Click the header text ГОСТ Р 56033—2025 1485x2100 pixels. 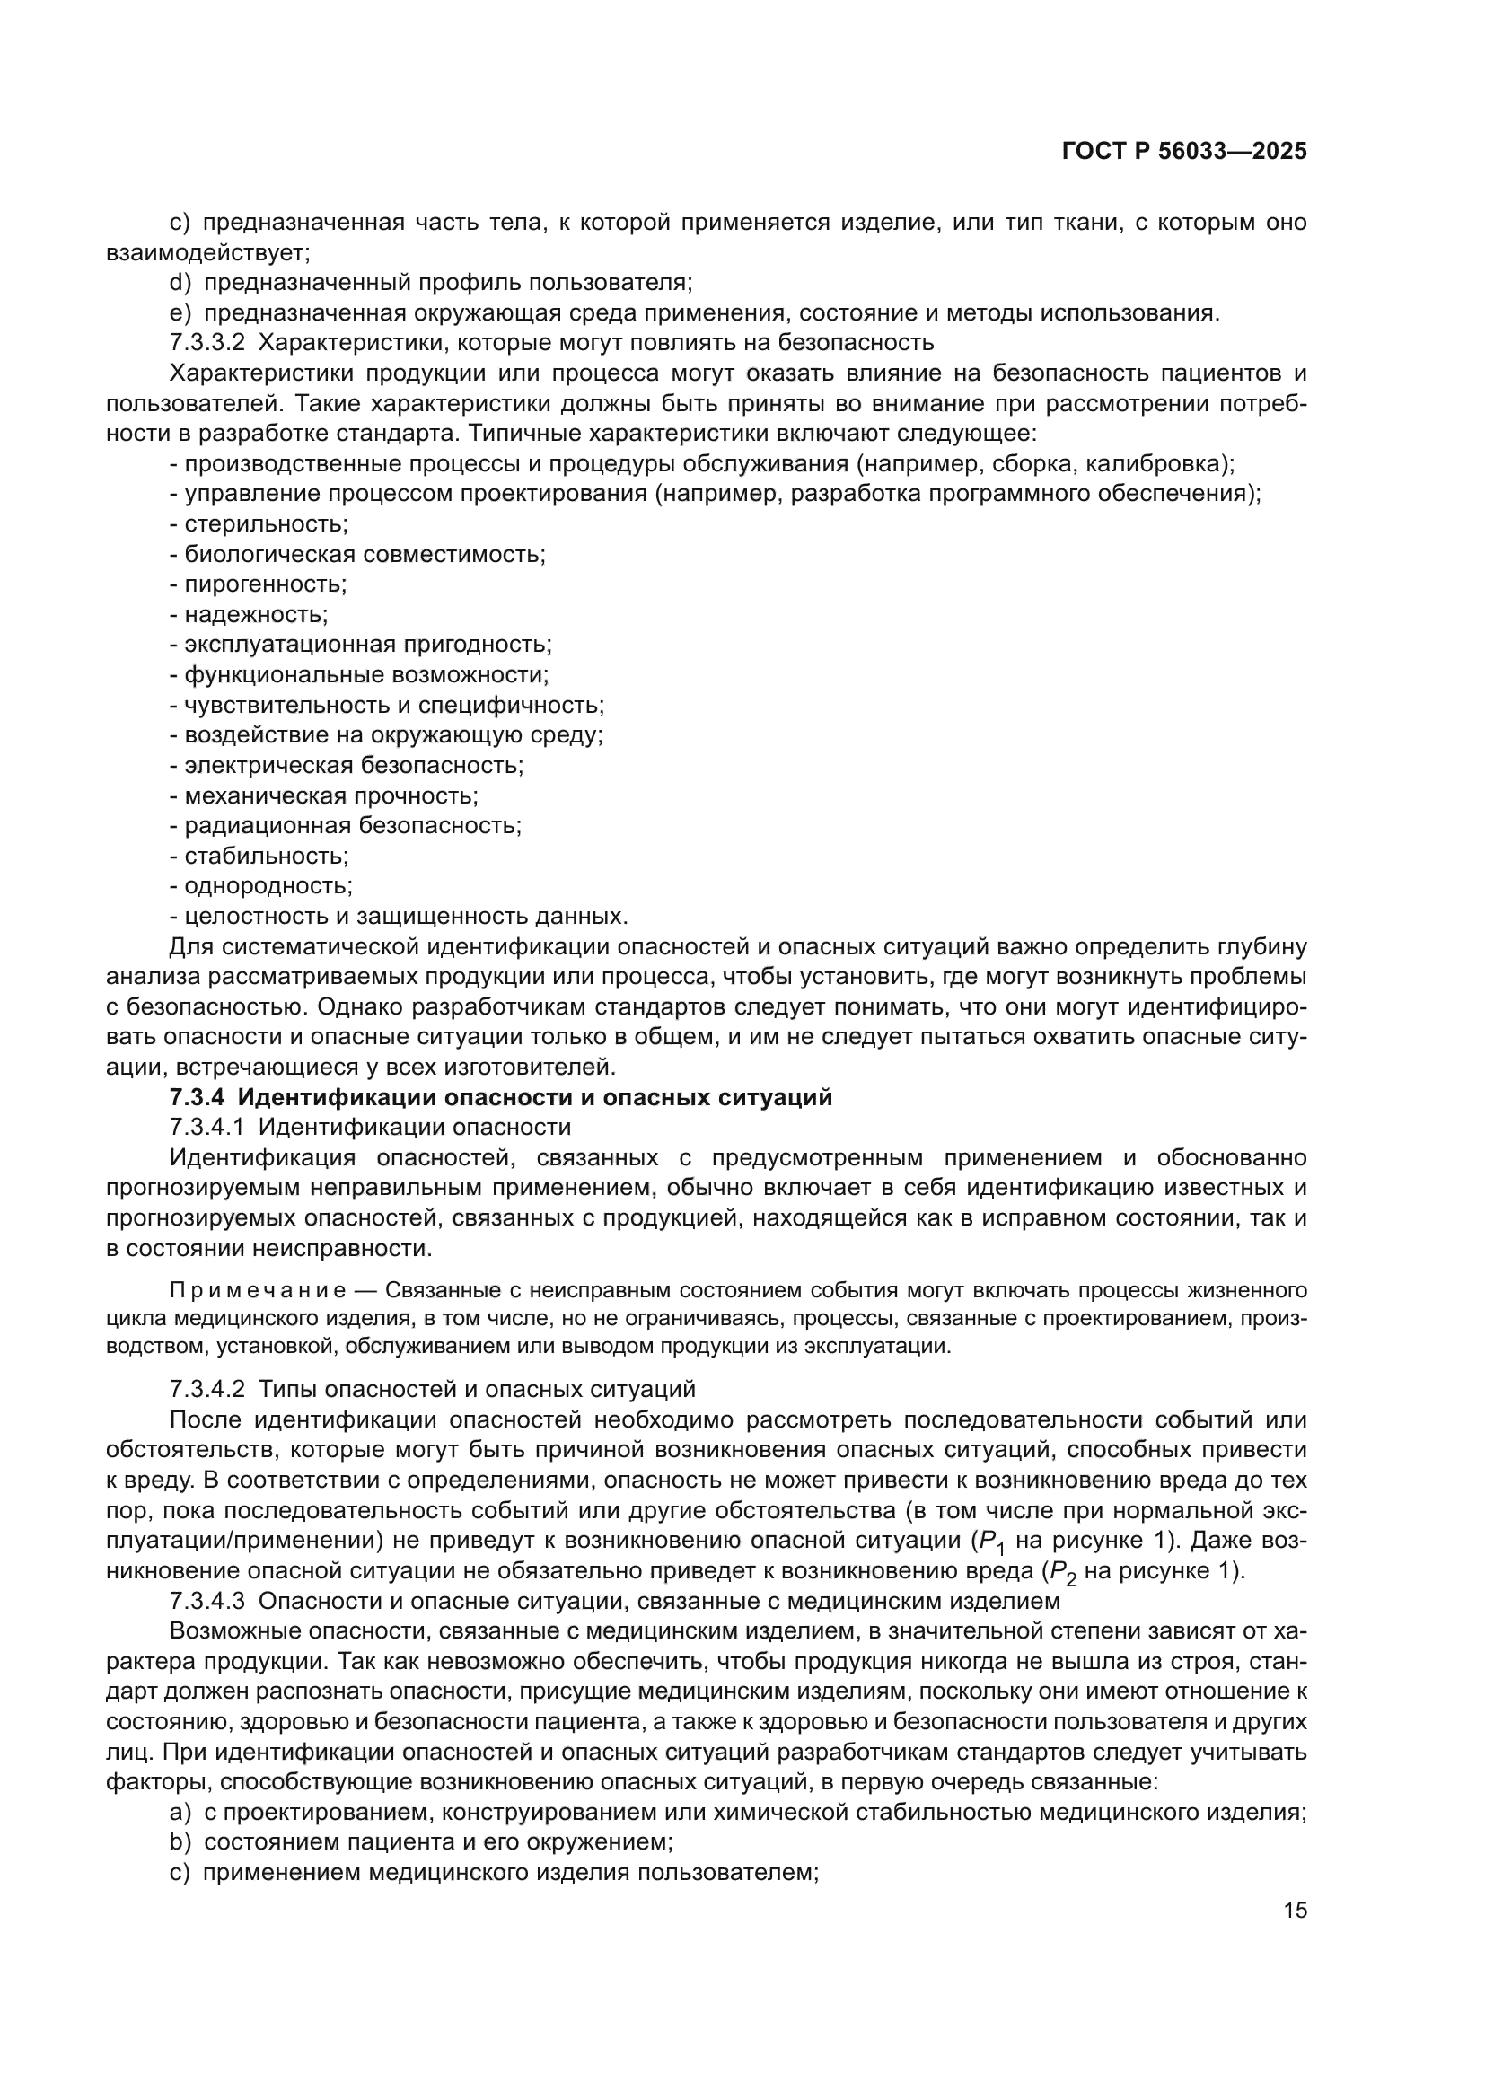point(1184,152)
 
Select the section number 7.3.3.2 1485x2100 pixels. point(207,343)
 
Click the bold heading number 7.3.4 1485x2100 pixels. point(197,1097)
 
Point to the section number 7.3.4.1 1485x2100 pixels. point(207,1127)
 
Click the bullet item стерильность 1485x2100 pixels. point(265,524)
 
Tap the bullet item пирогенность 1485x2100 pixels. point(265,584)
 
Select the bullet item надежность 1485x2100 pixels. point(255,614)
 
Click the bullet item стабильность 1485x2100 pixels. point(265,857)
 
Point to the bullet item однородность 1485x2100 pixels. point(267,885)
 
